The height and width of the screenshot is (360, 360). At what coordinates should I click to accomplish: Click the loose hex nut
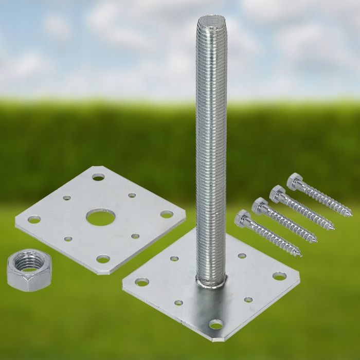click(29, 270)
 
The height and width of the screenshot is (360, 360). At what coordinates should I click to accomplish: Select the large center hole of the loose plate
click(100, 218)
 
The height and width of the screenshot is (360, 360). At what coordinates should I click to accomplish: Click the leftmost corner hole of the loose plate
click(34, 220)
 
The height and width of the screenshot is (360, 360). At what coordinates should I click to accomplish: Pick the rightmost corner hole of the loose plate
click(167, 214)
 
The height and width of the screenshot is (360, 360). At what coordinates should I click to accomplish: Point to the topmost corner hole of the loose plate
click(98, 177)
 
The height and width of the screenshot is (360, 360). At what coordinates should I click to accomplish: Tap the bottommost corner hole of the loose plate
click(103, 259)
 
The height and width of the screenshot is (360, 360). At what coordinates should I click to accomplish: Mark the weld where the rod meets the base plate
click(211, 282)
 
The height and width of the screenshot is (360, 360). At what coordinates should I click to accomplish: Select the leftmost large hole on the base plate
click(142, 282)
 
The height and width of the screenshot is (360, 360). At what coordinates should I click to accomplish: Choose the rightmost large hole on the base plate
click(279, 276)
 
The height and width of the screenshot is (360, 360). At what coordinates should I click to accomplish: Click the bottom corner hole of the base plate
click(216, 325)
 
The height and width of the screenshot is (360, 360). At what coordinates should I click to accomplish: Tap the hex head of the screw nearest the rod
click(242, 219)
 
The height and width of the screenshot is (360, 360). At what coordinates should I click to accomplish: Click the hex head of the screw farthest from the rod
click(295, 181)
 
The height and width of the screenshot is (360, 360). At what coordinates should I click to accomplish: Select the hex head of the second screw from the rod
click(260, 206)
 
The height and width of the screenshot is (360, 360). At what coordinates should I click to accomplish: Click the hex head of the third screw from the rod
click(277, 193)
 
